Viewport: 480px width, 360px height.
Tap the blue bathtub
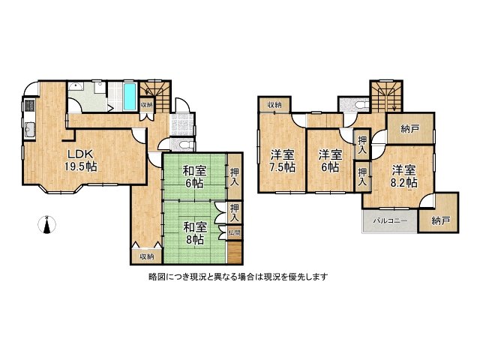click(x=130, y=95)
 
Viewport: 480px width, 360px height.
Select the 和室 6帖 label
click(x=193, y=175)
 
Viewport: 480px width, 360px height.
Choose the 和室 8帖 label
click(x=193, y=232)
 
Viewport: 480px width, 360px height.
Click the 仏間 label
click(x=235, y=233)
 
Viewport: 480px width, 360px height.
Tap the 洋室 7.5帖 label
click(x=282, y=161)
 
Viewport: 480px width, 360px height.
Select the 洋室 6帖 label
click(x=329, y=161)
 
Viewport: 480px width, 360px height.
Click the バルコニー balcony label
click(x=387, y=221)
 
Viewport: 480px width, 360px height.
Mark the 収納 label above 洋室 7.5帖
click(x=274, y=104)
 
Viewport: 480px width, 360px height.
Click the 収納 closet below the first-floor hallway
click(x=145, y=256)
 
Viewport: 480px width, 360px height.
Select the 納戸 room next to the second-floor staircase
click(x=410, y=127)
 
